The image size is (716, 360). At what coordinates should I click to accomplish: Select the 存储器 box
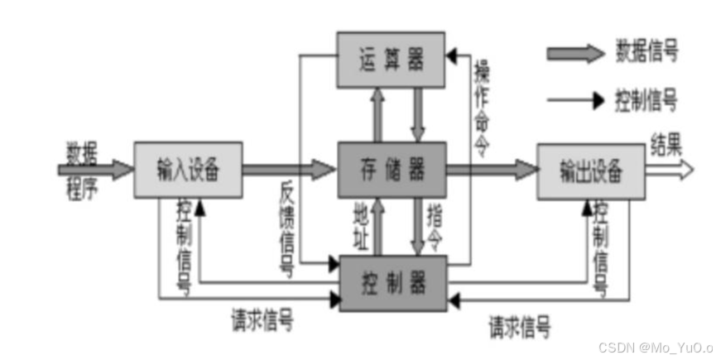point(392,169)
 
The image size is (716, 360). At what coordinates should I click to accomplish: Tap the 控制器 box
point(393,283)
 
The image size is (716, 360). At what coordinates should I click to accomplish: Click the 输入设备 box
point(188,170)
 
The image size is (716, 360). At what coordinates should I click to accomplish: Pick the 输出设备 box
point(590,170)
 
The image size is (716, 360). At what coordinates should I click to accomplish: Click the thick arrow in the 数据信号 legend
point(574,54)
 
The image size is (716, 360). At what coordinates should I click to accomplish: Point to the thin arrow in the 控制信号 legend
point(574,101)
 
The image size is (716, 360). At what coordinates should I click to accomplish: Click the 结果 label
point(667,146)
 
